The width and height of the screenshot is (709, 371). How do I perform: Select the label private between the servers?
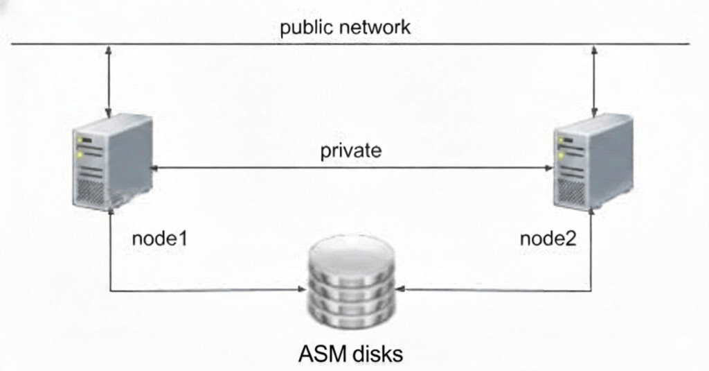coord(351,151)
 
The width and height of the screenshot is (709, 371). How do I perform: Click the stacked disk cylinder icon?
coord(352,281)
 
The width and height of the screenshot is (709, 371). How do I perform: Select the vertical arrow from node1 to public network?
coord(109,80)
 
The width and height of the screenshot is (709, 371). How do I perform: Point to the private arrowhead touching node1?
coord(156,167)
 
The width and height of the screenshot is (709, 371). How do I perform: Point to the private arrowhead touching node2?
coord(548,167)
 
